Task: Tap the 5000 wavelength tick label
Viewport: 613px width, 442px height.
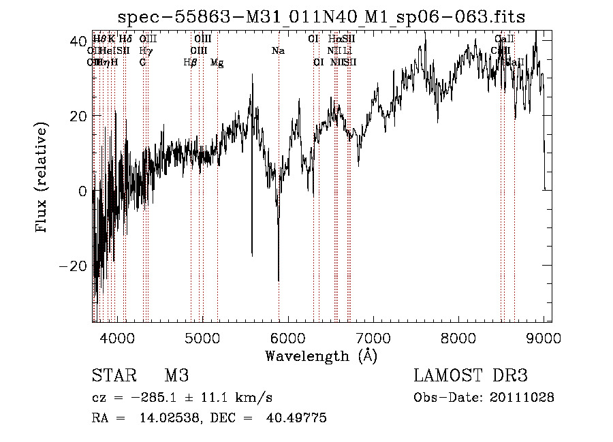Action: [202, 338]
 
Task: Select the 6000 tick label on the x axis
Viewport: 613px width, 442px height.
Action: [287, 338]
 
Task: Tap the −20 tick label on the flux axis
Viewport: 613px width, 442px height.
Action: [75, 266]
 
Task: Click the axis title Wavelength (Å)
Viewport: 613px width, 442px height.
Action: [321, 356]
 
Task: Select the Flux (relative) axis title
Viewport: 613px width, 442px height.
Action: [42, 179]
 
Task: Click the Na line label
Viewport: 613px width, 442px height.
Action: [277, 51]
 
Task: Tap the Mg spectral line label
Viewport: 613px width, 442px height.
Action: [217, 63]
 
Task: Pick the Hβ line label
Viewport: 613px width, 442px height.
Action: [190, 63]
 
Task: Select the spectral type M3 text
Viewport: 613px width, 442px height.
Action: [176, 376]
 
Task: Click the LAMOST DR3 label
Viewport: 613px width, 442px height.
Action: [470, 376]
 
